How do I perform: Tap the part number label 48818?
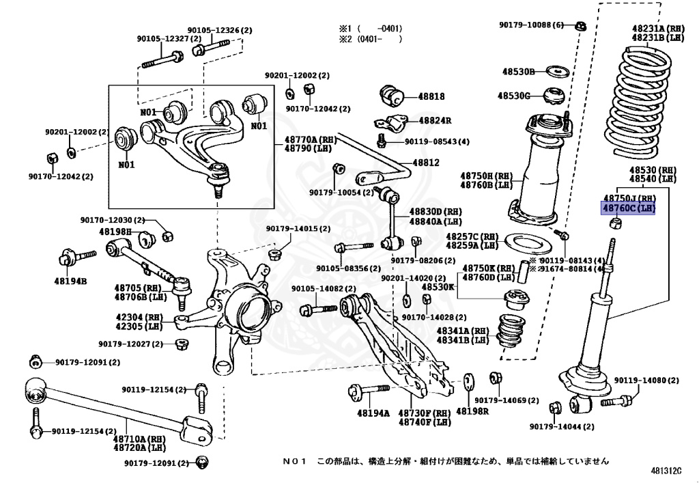[x=431, y=97]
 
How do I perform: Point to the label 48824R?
[x=435, y=120]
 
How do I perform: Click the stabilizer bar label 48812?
[x=427, y=163]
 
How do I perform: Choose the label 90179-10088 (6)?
[x=531, y=25]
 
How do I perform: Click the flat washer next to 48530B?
[x=559, y=71]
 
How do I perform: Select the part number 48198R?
[x=472, y=412]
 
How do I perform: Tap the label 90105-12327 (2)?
[x=169, y=39]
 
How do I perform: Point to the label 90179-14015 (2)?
[x=298, y=228]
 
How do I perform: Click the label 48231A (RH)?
[x=658, y=29]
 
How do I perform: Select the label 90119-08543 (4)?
[x=437, y=141]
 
